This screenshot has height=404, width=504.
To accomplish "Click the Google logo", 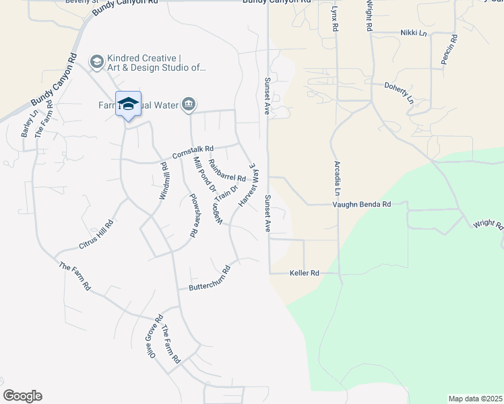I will (22, 396).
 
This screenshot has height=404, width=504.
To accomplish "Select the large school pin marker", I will (128, 105).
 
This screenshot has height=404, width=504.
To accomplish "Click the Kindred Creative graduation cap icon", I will (97, 62).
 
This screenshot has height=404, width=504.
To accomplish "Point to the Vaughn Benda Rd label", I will (362, 204).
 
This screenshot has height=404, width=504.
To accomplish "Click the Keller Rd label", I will (304, 273).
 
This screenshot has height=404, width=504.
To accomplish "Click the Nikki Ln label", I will (413, 32).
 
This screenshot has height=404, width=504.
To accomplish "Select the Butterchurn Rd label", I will (210, 278).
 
